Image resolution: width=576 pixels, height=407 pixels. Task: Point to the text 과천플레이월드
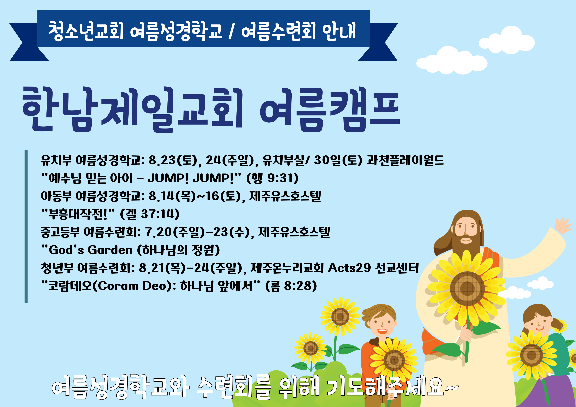point(405,160)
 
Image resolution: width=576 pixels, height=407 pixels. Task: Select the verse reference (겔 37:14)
point(150,214)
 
